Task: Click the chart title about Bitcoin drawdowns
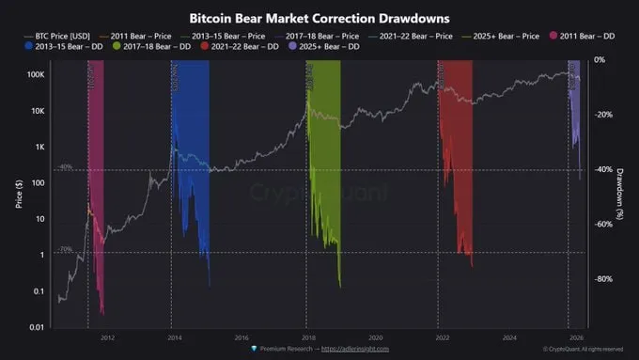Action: point(319,18)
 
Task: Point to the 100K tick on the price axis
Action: point(34,73)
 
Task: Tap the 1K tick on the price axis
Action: point(39,147)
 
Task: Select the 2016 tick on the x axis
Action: point(242,337)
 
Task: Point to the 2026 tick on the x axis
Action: point(574,337)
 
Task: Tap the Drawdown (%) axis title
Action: point(621,194)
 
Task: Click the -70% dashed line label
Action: point(65,249)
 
